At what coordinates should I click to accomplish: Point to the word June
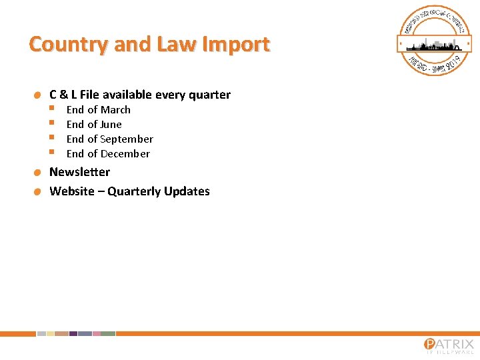coord(111,125)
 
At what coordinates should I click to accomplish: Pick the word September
coord(127,139)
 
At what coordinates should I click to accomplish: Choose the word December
coord(125,154)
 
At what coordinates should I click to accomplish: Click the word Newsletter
coord(80,172)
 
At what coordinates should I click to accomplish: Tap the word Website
coord(72,191)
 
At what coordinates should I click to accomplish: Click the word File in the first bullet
coord(89,95)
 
